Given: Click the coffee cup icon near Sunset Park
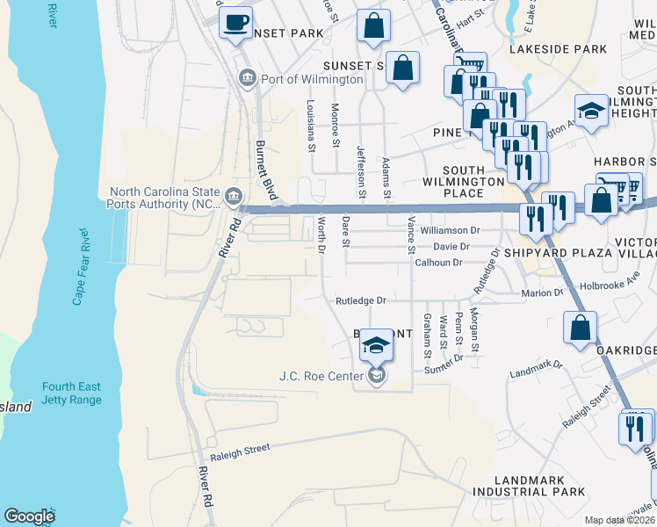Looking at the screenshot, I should coord(235,23).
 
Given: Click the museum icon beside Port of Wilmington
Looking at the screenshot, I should coord(247,80).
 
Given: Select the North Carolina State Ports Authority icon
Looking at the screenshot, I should coord(234,195).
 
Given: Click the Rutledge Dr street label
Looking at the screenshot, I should coord(361,301).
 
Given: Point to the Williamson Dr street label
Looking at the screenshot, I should coord(451,231).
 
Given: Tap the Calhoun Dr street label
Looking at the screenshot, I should coord(438,263).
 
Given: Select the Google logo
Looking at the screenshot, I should coord(29,516).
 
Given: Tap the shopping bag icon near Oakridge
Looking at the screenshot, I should coord(581,329).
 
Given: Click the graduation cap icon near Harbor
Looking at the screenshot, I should coord(591,111).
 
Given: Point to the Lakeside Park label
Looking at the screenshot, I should coord(568,50).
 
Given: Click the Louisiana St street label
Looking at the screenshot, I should coord(311,125).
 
